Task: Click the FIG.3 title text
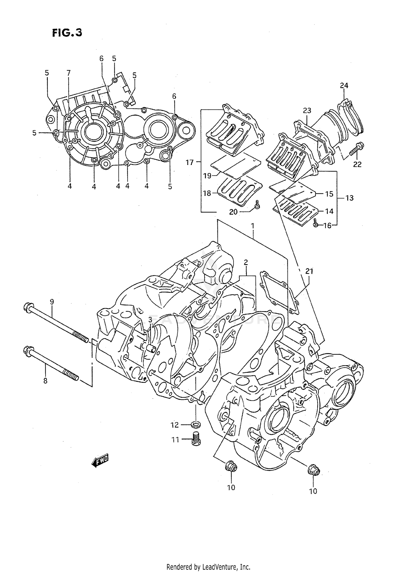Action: [x=67, y=33]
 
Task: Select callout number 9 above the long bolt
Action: [x=52, y=302]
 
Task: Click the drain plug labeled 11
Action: [x=196, y=439]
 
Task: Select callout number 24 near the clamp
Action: [x=344, y=86]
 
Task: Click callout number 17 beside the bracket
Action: [x=190, y=163]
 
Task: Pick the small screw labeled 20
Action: [x=257, y=205]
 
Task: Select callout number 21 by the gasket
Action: [x=309, y=271]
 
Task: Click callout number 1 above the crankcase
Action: [x=252, y=226]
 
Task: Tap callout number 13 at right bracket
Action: [x=349, y=198]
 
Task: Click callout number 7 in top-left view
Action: [x=68, y=73]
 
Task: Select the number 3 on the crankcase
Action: [x=150, y=320]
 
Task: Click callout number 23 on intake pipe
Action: [x=307, y=111]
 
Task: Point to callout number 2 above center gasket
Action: [x=246, y=262]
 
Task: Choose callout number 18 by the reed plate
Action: [x=207, y=193]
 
